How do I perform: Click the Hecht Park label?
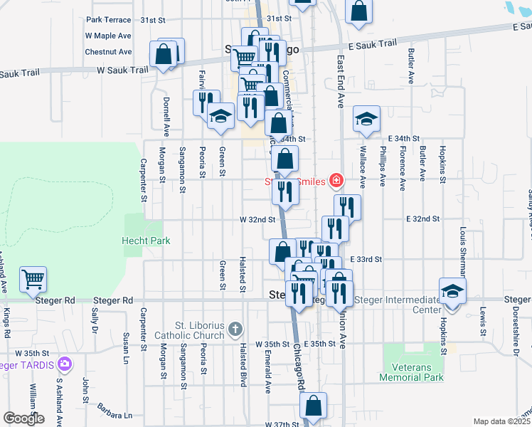(146, 241)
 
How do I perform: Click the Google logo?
(23, 418)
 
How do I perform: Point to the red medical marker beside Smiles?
(336, 181)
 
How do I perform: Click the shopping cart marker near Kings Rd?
(33, 280)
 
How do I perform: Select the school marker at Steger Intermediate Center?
(452, 291)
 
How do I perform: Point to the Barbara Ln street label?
(115, 415)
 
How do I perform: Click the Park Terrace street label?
(108, 21)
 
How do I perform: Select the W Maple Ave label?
(108, 35)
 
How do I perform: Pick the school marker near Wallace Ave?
(366, 119)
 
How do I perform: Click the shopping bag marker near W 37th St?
(313, 406)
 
